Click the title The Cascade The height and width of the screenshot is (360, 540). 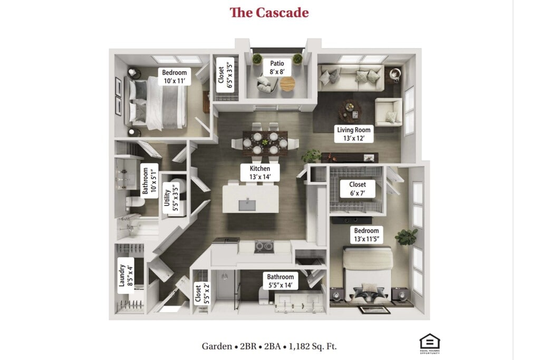(269, 13)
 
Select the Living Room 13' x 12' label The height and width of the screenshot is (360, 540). (354, 134)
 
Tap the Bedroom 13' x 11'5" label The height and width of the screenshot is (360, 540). (367, 235)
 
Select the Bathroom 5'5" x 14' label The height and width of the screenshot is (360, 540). (280, 281)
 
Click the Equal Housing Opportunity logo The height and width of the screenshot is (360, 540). (429, 344)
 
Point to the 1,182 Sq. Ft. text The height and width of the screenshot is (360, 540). (312, 346)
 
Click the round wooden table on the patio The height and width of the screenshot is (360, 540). (287, 84)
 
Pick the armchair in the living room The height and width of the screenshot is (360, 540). (389, 112)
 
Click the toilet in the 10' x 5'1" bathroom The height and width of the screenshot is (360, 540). (136, 203)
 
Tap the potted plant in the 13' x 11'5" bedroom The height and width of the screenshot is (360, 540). (406, 237)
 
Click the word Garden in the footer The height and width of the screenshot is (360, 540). (216, 346)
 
